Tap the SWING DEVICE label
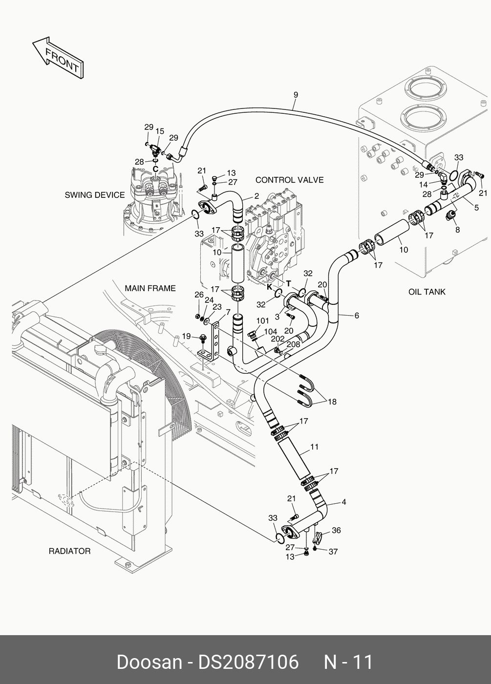point(95,195)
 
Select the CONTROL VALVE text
point(289,180)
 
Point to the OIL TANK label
point(427,292)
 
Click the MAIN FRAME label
point(150,288)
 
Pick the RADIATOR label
point(69,551)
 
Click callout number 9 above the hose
point(296,95)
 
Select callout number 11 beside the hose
point(314,447)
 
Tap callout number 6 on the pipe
point(357,316)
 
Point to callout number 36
point(336,530)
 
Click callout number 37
point(333,552)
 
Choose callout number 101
point(263,321)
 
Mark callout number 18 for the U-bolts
point(332,402)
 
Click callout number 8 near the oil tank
point(457,230)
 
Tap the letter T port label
point(288,284)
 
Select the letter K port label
point(269,287)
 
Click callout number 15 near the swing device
point(160,131)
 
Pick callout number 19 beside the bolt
point(186,336)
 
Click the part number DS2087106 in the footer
point(248,663)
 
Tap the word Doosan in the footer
point(149,663)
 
